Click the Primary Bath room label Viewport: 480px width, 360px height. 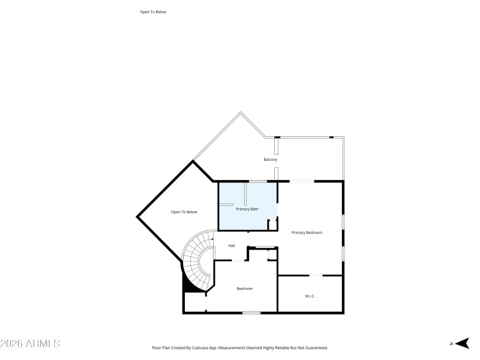(247, 209)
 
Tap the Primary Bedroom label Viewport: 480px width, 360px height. (307, 232)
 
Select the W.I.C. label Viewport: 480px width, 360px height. (310, 296)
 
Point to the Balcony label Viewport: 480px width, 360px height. (270, 160)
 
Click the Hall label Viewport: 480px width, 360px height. (231, 245)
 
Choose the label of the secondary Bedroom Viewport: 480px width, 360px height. (244, 289)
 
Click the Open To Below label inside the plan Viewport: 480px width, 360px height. (184, 212)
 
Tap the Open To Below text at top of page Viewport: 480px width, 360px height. (152, 11)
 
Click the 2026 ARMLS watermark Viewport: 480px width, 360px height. (30, 344)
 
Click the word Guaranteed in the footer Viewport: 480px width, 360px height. (316, 347)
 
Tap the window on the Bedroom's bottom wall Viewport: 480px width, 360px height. (251, 313)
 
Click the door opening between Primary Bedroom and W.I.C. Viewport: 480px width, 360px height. (315, 275)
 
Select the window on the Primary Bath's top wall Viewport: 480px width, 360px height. (258, 181)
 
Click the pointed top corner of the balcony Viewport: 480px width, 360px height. (241, 112)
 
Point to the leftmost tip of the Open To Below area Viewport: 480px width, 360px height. (137, 216)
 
